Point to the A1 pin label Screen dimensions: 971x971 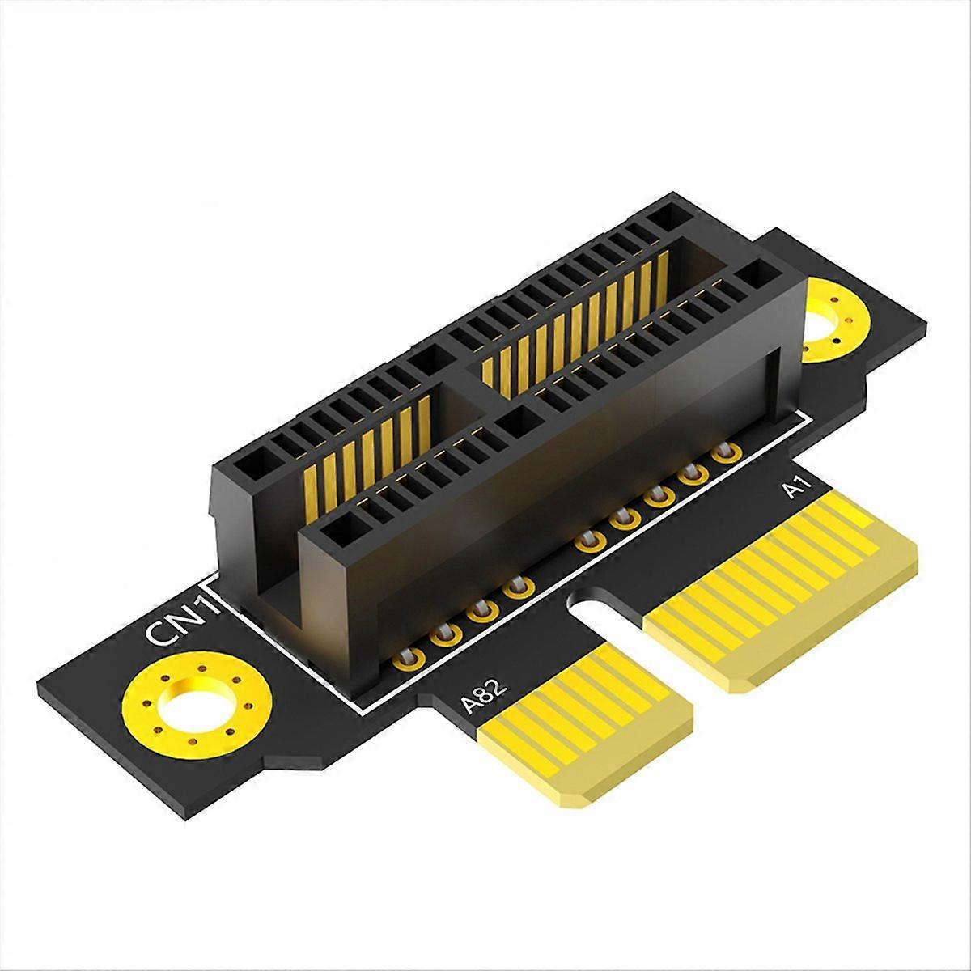(x=794, y=490)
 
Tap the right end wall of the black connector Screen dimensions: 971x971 (x=789, y=356)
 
